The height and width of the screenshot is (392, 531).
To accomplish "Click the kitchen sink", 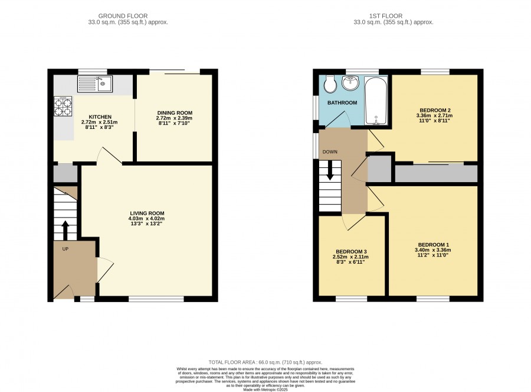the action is pos(95,84).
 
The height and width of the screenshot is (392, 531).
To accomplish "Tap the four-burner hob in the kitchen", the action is pos(63,106).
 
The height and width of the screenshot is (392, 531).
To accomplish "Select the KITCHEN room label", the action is pos(100,116).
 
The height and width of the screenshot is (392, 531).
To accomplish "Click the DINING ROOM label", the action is pos(175,113).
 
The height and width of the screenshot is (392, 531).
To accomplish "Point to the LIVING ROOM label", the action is pos(147,213).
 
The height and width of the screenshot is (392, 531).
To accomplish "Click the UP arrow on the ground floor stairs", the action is pos(65,231).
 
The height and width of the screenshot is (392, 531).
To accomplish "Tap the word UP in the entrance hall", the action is pos(65,249).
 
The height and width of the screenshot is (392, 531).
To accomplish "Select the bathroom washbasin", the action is pos(350,83).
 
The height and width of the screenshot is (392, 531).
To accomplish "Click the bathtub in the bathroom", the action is pos(376,101).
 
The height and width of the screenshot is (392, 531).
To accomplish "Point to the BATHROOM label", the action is pos(342,102).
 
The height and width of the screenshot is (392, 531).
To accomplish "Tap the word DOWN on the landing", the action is pos(330,152).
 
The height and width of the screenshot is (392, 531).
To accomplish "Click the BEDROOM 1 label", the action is pos(434,245).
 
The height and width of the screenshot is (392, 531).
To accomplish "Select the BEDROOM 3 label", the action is pos(351,251).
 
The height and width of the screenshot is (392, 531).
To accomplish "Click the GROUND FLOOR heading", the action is pos(123,15).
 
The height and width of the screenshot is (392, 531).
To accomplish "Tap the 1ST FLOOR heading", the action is pos(386,15).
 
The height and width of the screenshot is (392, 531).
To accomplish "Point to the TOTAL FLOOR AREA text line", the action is pos(265,362).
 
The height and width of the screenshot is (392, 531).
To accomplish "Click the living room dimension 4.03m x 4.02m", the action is pos(147,219).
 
